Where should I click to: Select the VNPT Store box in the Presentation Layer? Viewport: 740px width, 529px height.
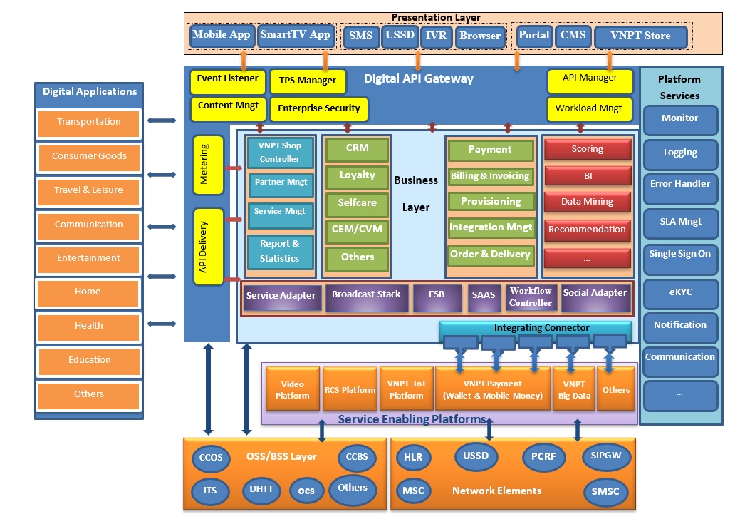[x=641, y=36]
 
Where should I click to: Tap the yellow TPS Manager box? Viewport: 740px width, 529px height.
[x=307, y=81]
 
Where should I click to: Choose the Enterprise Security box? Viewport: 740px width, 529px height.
[x=318, y=109]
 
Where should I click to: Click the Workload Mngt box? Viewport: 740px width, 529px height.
[x=589, y=109]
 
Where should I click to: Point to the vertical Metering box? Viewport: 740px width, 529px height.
[x=207, y=165]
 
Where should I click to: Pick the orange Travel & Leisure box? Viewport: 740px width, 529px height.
[x=89, y=190]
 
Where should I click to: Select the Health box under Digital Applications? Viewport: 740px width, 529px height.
[x=89, y=326]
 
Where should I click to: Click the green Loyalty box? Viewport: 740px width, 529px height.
[x=358, y=176]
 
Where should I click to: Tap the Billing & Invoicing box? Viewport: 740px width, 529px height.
[x=490, y=176]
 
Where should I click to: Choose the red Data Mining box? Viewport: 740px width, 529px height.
[x=587, y=202]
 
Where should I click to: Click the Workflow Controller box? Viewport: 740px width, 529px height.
[x=531, y=297]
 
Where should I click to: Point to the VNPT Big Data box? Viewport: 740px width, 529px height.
[x=573, y=390]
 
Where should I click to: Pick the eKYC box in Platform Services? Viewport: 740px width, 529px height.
[x=680, y=292]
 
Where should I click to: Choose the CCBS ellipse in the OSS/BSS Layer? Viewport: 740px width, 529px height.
[x=357, y=457]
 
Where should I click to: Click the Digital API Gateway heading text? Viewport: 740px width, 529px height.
[x=418, y=79]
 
